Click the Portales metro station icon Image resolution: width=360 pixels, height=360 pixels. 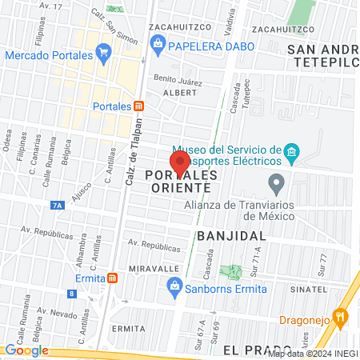139,106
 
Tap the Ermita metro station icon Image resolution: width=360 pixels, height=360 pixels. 113,278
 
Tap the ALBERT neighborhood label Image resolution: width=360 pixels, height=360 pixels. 178,93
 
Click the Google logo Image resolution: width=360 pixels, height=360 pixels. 26,350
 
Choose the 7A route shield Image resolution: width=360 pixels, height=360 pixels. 57,206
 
